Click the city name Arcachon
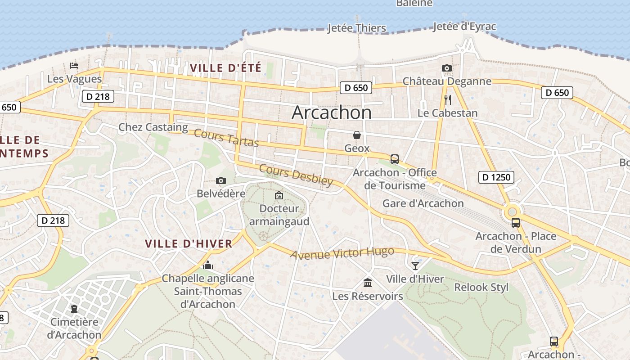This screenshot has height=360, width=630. click(x=332, y=112)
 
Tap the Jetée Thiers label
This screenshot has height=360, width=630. click(x=356, y=28)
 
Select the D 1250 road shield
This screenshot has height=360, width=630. click(x=496, y=177)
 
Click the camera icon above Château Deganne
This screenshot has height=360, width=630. click(x=446, y=68)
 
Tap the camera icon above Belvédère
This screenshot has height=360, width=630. click(x=220, y=181)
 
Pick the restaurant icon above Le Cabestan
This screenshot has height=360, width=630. click(x=447, y=100)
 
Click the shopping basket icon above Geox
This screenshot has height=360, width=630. click(x=357, y=135)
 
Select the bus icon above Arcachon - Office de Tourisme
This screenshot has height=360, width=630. click(x=395, y=159)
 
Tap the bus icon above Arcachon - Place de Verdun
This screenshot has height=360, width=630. click(x=516, y=223)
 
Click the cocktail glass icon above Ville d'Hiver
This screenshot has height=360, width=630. click(x=415, y=266)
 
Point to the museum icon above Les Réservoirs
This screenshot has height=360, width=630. click(x=368, y=283)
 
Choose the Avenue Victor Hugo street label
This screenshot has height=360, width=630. click(x=342, y=253)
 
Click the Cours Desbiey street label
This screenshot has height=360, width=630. click(x=296, y=175)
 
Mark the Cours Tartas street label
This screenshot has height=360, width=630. click(x=226, y=138)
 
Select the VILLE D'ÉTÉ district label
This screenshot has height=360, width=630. click(x=225, y=68)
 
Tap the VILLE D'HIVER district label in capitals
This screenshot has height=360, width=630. click(x=189, y=244)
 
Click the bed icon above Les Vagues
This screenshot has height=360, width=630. click(x=74, y=66)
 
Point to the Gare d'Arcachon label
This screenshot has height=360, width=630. click(x=423, y=203)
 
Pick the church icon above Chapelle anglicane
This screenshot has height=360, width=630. click(x=207, y=265)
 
